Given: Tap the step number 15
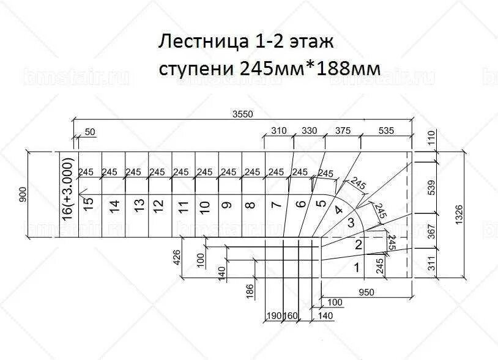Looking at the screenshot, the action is [x=89, y=203].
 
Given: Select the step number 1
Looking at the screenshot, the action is [x=356, y=266].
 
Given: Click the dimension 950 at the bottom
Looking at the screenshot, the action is [x=366, y=292].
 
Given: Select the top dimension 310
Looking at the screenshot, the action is [x=279, y=130].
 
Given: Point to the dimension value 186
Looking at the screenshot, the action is [x=250, y=290].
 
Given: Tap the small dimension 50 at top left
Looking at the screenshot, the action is [x=91, y=132].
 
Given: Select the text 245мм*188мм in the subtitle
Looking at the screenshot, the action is [x=311, y=68].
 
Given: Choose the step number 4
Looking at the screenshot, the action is [x=337, y=210].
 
